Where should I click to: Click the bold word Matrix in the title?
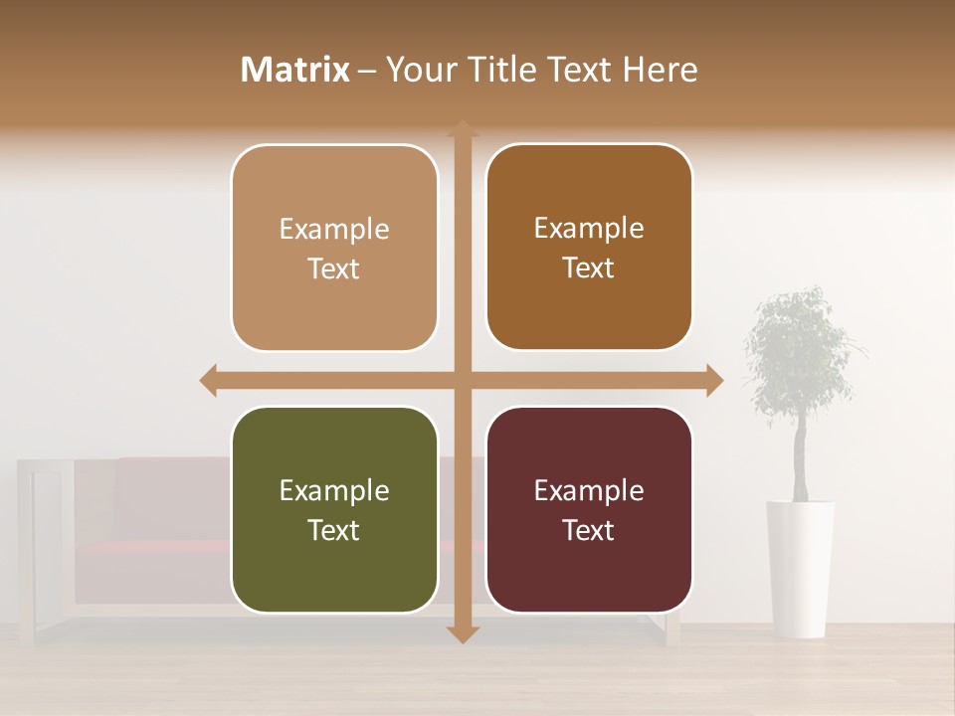295,70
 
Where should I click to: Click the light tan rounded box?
334,248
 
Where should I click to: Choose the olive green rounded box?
334,509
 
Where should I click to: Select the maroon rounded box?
589,509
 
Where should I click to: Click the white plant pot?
800,567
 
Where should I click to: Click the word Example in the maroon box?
589,490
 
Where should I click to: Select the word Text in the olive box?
334,530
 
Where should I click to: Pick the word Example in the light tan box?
334,229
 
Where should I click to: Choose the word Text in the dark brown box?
589,268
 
